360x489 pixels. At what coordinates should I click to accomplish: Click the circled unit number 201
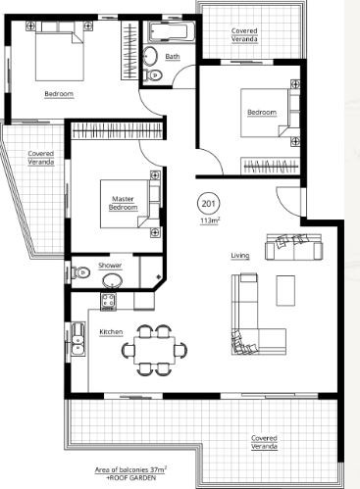point(209,204)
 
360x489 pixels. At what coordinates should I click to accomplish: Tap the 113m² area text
point(210,220)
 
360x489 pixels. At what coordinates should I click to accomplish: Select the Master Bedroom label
point(124,203)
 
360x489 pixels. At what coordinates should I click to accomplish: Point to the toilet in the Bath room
point(154,74)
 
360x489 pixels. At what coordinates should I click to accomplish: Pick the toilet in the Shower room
point(80,272)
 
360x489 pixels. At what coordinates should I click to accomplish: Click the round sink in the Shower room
point(113,280)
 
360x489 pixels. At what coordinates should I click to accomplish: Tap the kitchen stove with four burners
point(108,301)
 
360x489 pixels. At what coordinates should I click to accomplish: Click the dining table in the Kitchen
point(154,351)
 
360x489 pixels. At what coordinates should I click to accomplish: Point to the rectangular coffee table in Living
point(285,291)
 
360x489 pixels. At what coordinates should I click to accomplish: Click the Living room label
point(240,256)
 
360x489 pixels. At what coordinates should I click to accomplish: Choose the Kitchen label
point(111,332)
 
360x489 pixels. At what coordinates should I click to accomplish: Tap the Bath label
point(173,57)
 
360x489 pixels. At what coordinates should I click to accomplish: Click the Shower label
point(110,266)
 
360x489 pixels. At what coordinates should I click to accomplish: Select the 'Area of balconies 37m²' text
point(130,470)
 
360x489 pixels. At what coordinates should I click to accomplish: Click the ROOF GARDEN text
point(131,477)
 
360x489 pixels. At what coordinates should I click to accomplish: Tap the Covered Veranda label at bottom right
point(264,442)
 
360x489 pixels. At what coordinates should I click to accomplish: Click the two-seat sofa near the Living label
point(293,247)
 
